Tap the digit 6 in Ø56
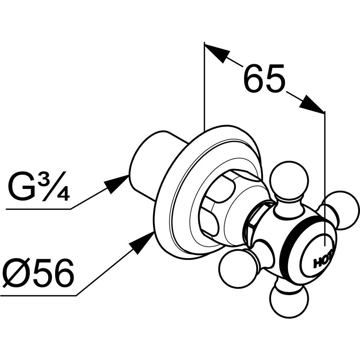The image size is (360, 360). pyautogui.click(x=62, y=272)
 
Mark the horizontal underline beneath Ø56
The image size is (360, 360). pyautogui.click(x=39, y=295)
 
